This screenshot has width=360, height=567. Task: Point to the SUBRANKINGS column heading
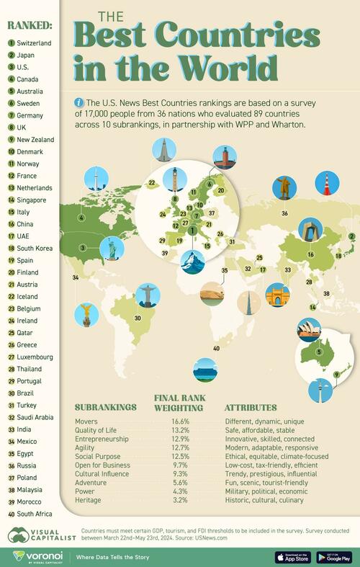click(106, 407)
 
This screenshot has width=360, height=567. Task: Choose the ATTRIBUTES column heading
click(251, 407)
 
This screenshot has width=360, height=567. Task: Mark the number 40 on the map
click(215, 349)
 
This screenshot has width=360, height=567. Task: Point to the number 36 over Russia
click(285, 213)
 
